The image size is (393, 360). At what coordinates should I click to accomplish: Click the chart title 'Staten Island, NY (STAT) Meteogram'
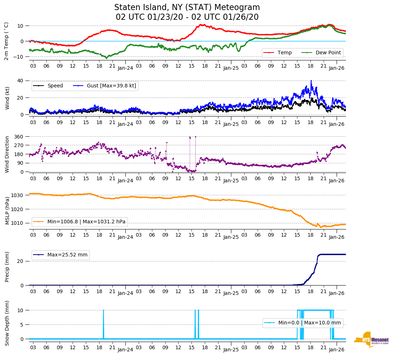click(187, 8)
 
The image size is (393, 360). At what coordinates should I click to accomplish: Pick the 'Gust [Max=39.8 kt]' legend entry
click(111, 86)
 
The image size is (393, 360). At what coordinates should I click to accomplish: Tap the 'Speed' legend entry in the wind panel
click(55, 86)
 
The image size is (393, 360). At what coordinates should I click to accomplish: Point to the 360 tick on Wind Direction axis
click(19, 137)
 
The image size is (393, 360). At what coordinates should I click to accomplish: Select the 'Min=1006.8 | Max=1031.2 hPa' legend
click(86, 222)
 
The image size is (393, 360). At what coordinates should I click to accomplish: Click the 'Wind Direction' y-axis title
click(7, 154)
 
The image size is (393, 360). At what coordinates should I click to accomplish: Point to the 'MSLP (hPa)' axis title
click(7, 209)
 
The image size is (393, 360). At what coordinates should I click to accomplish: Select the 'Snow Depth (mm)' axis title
click(7, 323)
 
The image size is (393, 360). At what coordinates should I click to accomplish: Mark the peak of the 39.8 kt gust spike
click(311, 81)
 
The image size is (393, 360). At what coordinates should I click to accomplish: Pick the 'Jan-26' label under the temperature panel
click(337, 68)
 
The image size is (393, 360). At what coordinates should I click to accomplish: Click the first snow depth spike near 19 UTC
click(103, 310)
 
